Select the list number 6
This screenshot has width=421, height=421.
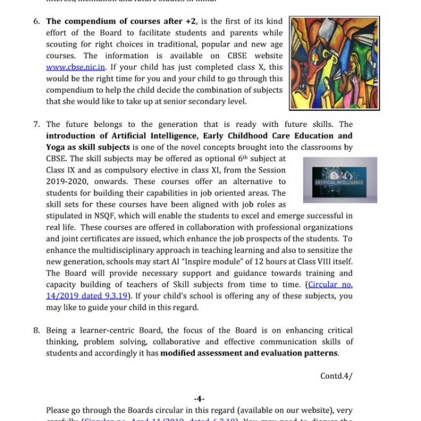click(x=37, y=21)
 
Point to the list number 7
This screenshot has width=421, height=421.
click(x=37, y=124)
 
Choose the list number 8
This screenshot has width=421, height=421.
click(x=37, y=330)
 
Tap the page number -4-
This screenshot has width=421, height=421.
click(x=199, y=398)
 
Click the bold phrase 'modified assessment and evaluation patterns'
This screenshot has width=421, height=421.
click(x=249, y=353)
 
